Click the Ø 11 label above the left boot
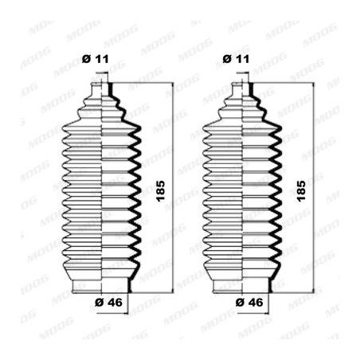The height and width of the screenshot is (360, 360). pyautogui.click(x=96, y=59)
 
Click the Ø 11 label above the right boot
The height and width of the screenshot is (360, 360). pyautogui.click(x=236, y=59)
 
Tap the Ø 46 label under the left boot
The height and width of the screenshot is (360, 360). pyautogui.click(x=108, y=302)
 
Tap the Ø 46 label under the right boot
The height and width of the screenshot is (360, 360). pyautogui.click(x=249, y=302)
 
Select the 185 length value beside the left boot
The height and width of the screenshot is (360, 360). pyautogui.click(x=161, y=191)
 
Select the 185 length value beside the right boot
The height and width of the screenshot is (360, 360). pyautogui.click(x=301, y=191)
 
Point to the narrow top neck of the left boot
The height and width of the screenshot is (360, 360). pyautogui.click(x=102, y=89)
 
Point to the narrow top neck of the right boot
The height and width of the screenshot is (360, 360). pyautogui.click(x=242, y=89)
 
